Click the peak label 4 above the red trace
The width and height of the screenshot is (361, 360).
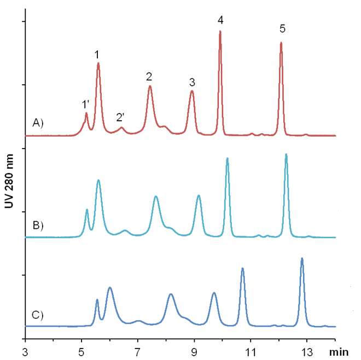pyautogui.click(x=220, y=20)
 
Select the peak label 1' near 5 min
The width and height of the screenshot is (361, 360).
pyautogui.click(x=86, y=104)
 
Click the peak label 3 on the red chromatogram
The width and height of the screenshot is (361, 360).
pyautogui.click(x=192, y=82)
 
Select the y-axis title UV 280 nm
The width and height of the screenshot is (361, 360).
pyautogui.click(x=9, y=180)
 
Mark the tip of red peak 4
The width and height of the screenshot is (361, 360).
pyautogui.click(x=220, y=31)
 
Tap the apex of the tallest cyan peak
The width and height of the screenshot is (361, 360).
pyautogui.click(x=286, y=155)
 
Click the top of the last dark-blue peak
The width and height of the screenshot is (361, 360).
pyautogui.click(x=302, y=258)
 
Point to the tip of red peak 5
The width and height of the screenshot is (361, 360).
pyautogui.click(x=281, y=43)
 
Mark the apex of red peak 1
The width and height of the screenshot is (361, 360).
pyautogui.click(x=98, y=63)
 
